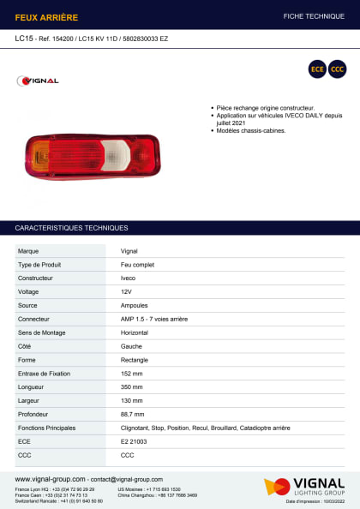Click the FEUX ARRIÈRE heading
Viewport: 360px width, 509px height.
(46, 16)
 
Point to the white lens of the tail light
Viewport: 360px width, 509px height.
(115, 154)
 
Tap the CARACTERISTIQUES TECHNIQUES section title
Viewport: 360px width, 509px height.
(72, 228)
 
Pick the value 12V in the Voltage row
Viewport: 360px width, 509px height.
(127, 291)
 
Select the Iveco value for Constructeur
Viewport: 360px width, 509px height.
(128, 278)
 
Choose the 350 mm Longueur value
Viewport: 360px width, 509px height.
(132, 387)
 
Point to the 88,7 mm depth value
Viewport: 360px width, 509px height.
(133, 414)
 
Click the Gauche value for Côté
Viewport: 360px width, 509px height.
(131, 346)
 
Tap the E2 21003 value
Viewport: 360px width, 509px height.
(135, 441)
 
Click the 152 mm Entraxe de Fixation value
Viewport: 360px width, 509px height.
(132, 374)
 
